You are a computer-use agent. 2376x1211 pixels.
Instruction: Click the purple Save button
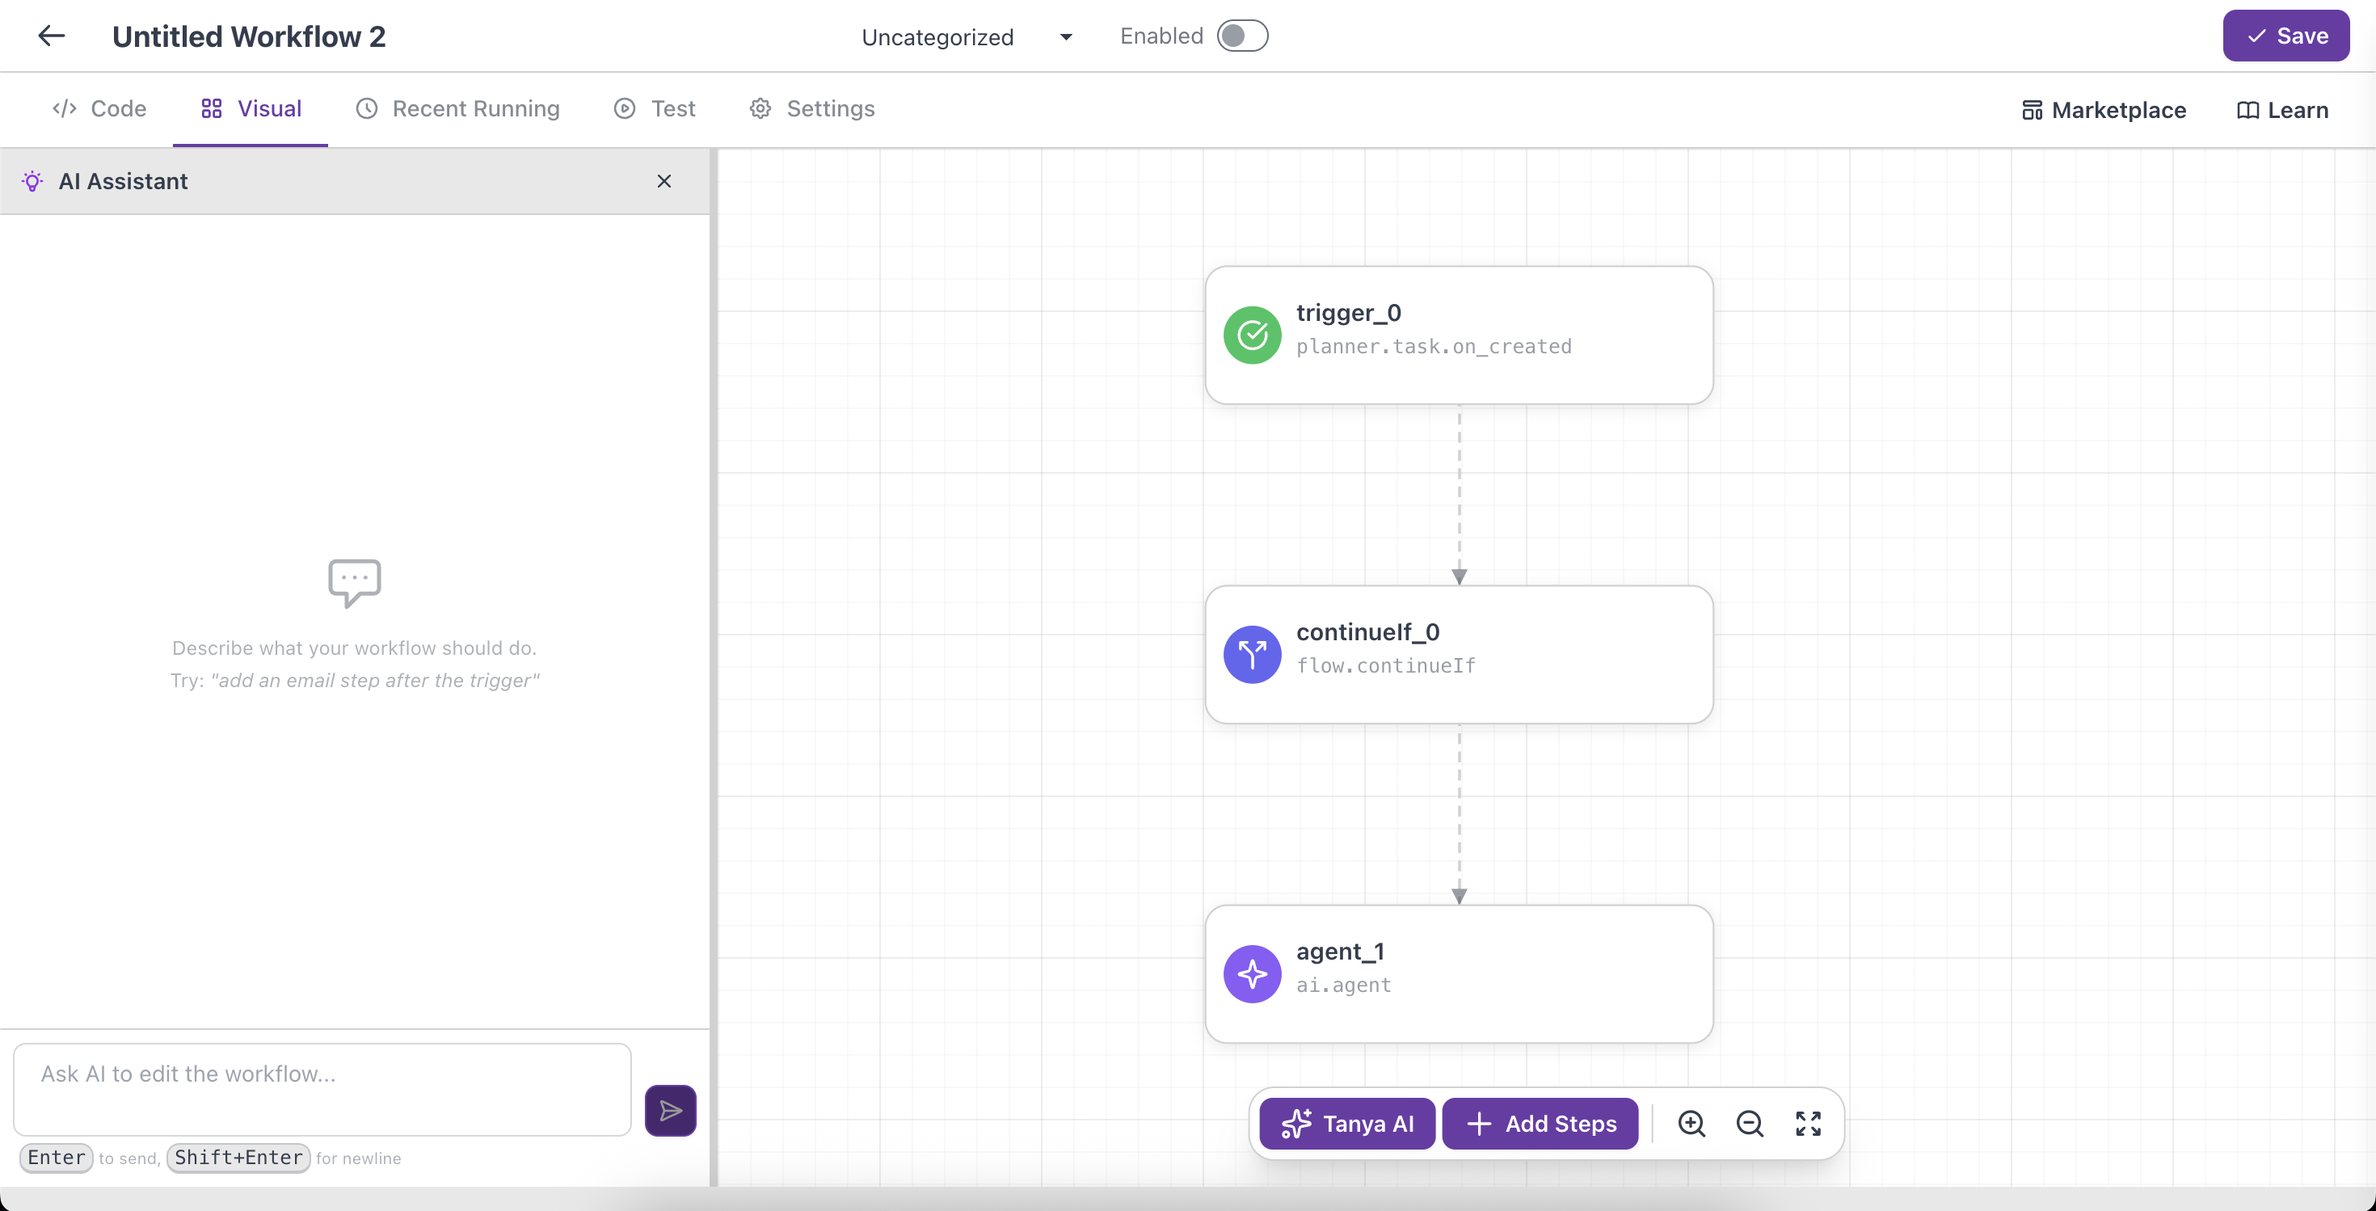point(2285,36)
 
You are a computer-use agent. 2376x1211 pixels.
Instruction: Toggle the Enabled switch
point(1241,36)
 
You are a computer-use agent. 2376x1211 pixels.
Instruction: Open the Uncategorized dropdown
point(967,37)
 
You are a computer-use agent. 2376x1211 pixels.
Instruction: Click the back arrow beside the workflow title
point(52,36)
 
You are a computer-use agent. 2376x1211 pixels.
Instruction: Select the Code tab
point(99,109)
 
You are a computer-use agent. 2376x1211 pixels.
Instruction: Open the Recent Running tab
point(457,109)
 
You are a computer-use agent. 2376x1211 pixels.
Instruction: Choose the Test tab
point(655,109)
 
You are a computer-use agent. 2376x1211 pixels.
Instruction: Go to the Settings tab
point(811,109)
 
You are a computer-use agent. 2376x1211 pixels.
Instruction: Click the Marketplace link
point(2103,111)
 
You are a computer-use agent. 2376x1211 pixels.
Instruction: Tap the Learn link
point(2282,111)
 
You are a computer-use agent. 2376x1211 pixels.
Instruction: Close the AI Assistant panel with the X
point(664,181)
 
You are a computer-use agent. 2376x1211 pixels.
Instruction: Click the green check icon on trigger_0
point(1252,335)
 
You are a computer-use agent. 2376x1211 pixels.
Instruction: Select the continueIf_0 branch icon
point(1252,655)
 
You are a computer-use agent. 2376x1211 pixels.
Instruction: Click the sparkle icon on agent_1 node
point(1252,974)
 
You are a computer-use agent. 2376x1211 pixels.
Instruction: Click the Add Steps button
point(1540,1124)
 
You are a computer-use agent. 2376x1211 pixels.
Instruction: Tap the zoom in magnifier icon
point(1691,1124)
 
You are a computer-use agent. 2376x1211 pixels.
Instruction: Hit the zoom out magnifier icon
point(1750,1124)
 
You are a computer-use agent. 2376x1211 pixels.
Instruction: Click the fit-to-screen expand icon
point(1808,1124)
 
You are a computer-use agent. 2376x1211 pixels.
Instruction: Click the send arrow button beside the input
point(671,1111)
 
